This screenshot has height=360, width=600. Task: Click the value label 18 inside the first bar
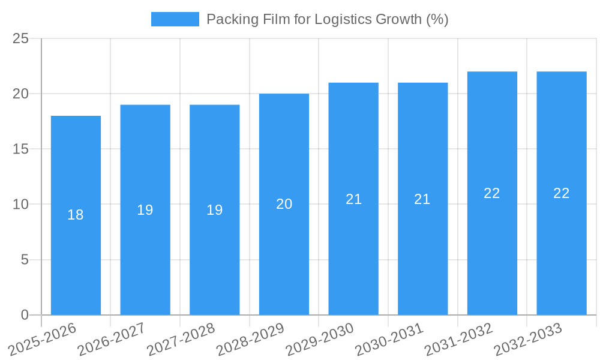pos(76,215)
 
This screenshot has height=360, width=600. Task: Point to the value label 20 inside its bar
pos(284,204)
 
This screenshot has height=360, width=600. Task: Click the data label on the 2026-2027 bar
pos(145,210)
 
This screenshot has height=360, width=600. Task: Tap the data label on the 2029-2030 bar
pos(353,199)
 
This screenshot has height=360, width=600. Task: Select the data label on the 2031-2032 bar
pos(492,193)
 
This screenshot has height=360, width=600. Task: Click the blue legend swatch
pos(175,19)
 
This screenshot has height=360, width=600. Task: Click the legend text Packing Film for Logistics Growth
pos(327,19)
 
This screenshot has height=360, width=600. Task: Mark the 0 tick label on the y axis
pos(25,315)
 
